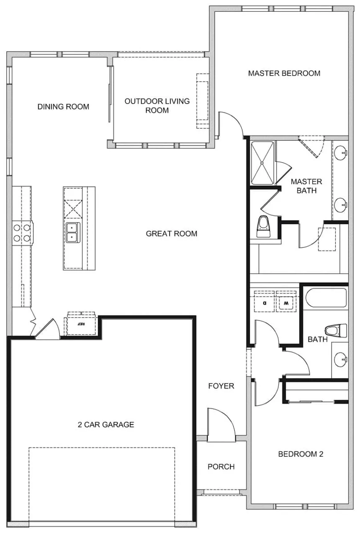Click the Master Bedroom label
point(284,73)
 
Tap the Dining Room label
point(63,107)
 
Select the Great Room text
point(172,234)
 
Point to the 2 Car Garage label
point(106,425)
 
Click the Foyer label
point(221,386)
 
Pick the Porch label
point(221,467)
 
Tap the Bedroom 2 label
point(301,454)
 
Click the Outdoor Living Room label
point(157,106)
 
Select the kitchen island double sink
point(73,233)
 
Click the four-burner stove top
point(22,233)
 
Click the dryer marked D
point(264,301)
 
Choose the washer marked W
point(286,301)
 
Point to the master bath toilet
point(263,226)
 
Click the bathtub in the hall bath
point(326,298)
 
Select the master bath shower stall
point(262,163)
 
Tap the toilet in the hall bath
point(336,331)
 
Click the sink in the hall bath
point(340,359)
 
